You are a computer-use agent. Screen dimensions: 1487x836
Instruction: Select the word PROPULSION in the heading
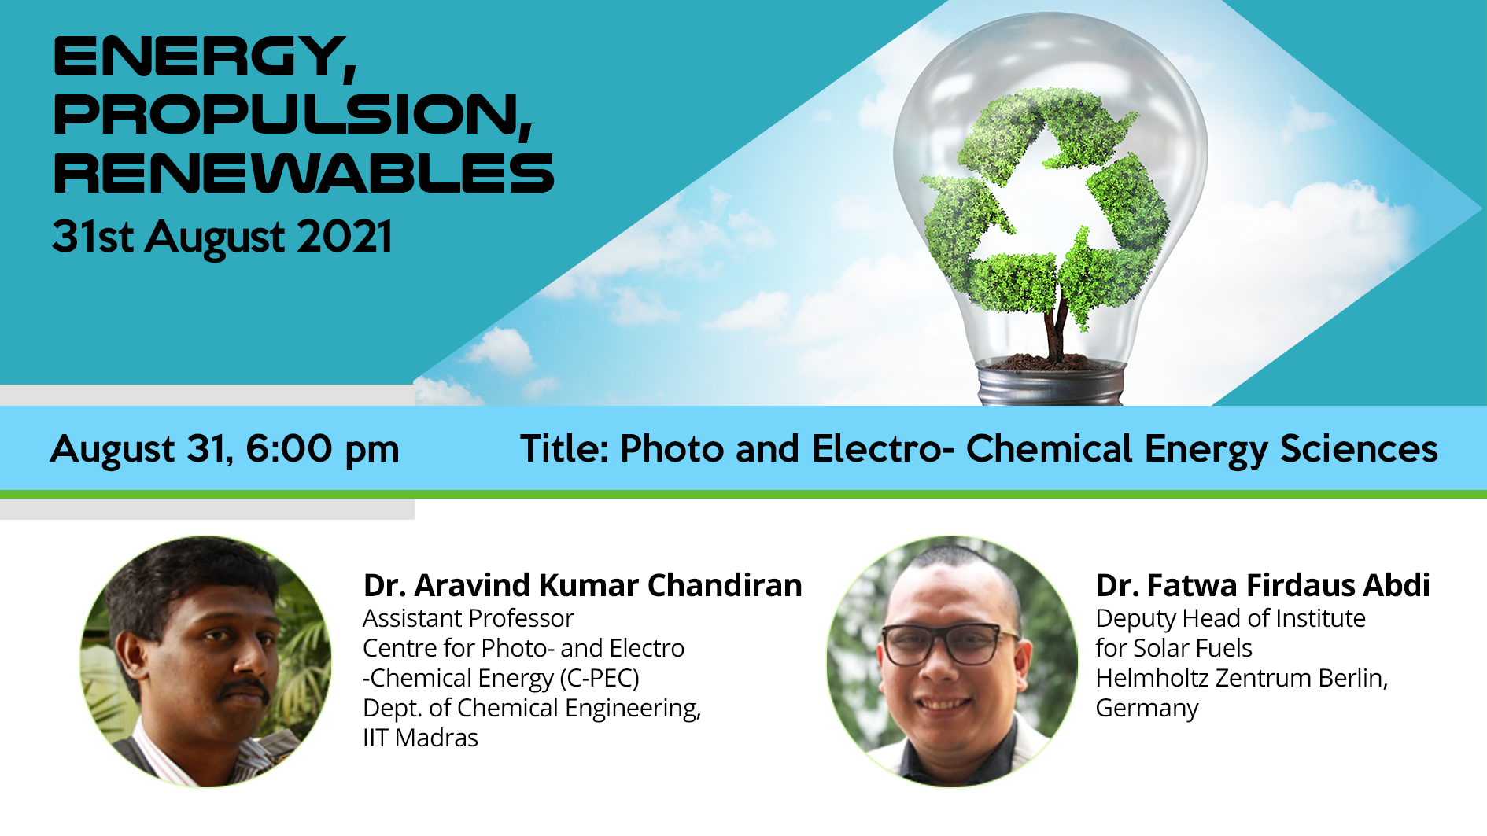(x=286, y=115)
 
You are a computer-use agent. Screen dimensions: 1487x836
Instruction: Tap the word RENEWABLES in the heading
(x=304, y=173)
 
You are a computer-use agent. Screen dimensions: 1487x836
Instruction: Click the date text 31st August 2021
(x=222, y=237)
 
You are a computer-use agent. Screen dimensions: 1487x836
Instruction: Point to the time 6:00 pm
(x=323, y=450)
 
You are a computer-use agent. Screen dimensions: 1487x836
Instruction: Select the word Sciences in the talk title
(x=1359, y=449)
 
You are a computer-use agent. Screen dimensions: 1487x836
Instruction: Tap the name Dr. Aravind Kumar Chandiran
(x=582, y=585)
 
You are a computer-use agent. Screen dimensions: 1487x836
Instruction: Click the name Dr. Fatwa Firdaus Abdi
(x=1263, y=585)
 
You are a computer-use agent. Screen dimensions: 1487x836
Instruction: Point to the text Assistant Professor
(x=468, y=618)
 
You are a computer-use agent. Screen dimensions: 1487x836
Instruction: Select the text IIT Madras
(x=420, y=738)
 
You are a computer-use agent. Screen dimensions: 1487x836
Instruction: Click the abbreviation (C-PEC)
(x=600, y=678)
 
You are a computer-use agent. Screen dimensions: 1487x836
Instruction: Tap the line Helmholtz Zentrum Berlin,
(x=1242, y=678)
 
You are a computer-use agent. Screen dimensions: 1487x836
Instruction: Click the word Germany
(x=1147, y=709)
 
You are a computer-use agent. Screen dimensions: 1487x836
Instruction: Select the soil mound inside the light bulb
(x=1050, y=362)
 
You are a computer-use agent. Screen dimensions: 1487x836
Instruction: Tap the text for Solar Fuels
(x=1174, y=648)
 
